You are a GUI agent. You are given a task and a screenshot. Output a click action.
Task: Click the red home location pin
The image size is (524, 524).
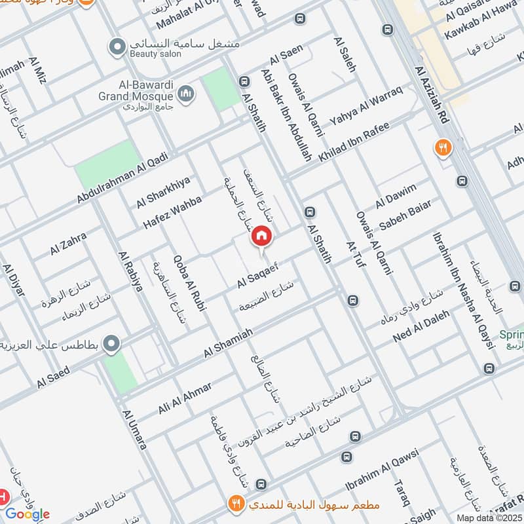262,236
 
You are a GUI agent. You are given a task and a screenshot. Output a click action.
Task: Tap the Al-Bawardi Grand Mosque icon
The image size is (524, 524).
187,94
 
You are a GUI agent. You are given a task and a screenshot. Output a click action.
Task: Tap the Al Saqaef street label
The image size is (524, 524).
259,278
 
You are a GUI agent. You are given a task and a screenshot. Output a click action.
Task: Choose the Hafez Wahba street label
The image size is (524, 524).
173,211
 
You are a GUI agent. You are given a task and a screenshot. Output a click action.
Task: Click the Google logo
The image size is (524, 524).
27,514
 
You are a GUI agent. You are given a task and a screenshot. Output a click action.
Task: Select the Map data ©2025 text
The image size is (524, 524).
490,517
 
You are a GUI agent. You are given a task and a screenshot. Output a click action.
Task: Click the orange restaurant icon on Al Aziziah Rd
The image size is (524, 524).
443,148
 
